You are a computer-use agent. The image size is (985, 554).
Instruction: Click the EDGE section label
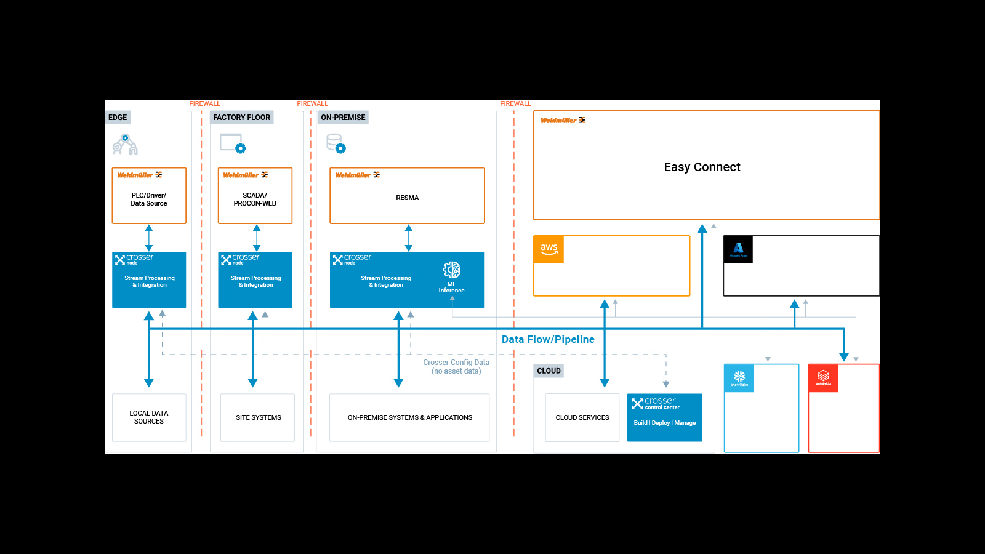coord(118,118)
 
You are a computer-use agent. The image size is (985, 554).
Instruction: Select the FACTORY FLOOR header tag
coord(241,118)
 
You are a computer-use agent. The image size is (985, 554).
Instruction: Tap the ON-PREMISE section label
coord(343,118)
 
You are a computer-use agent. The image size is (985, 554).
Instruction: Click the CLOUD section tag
coord(549,371)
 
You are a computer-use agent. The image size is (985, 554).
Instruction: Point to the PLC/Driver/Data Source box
coord(149,196)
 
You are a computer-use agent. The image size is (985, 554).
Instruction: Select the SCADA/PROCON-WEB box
coord(255,196)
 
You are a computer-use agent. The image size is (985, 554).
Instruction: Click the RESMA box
coord(407,196)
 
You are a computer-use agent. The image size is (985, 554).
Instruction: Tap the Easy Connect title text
coord(702,167)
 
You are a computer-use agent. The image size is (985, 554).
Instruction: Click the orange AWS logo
coord(549,249)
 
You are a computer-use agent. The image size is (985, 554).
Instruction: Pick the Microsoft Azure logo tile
coord(738,249)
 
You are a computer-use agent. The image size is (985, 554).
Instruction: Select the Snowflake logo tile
coord(739,378)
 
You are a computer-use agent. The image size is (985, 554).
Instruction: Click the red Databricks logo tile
coord(823,378)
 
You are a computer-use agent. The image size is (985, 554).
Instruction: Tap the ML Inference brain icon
coord(451,270)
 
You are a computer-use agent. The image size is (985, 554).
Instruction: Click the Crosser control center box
coord(664,417)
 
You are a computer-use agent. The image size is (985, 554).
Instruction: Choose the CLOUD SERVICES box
coord(582,417)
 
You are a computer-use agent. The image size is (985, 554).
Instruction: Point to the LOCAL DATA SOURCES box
coord(149,417)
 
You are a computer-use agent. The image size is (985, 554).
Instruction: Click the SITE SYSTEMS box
coord(258,417)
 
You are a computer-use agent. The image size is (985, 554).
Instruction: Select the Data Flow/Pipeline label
coord(548,339)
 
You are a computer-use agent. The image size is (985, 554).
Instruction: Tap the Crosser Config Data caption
coord(456,366)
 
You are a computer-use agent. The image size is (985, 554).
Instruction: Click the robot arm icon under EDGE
coord(125,145)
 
